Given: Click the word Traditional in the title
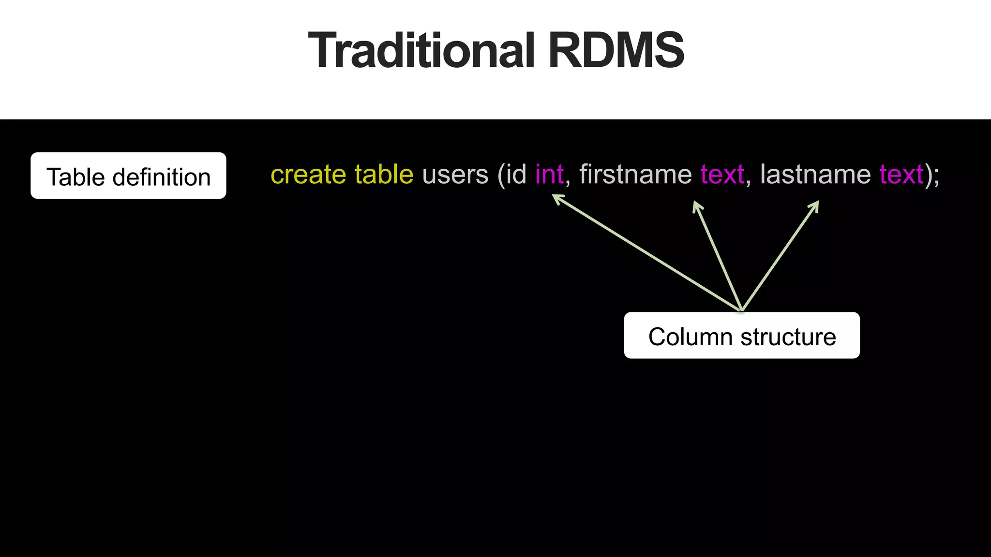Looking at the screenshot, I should click(421, 50).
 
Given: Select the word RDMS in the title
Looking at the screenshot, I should click(616, 50).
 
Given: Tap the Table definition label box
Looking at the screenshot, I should click(128, 176).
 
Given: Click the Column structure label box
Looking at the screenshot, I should click(741, 336).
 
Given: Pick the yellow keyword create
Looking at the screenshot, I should click(308, 174).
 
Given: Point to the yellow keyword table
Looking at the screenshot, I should click(384, 174).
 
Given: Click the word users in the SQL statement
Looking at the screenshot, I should click(455, 174).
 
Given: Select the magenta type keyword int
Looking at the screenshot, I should click(549, 174).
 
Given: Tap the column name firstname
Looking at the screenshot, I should click(635, 174).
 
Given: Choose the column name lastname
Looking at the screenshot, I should click(815, 174).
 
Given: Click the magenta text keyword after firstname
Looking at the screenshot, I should click(722, 174).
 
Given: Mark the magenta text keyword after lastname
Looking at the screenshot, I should click(901, 174).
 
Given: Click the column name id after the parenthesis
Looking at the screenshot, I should click(516, 174).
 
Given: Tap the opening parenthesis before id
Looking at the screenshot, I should click(501, 175).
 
